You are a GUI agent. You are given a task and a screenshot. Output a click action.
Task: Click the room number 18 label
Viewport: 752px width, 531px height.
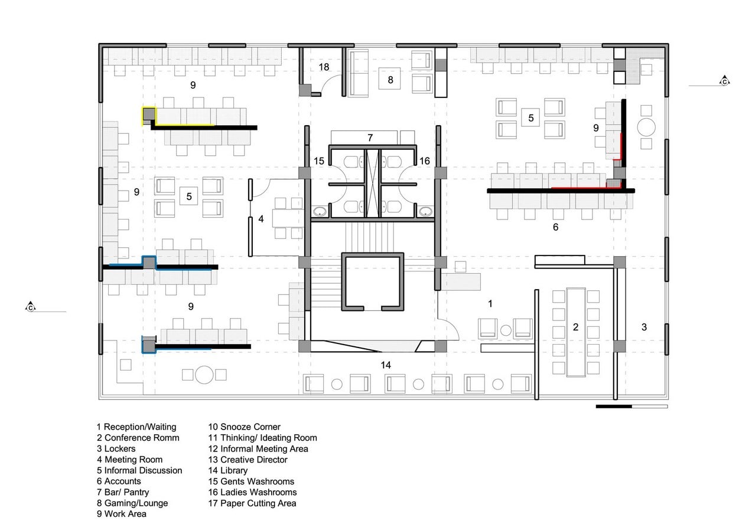pyautogui.click(x=324, y=67)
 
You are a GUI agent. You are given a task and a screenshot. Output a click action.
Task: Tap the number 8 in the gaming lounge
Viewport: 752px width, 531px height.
pyautogui.click(x=390, y=80)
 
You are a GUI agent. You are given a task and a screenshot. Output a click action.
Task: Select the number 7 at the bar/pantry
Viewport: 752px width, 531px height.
pyautogui.click(x=370, y=137)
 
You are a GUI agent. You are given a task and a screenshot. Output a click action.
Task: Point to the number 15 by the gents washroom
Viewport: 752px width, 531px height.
pyautogui.click(x=319, y=161)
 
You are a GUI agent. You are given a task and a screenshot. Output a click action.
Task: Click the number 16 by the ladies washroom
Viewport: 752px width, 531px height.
pyautogui.click(x=424, y=161)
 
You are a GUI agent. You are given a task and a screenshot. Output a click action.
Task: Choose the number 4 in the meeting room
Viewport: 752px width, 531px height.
pyautogui.click(x=261, y=219)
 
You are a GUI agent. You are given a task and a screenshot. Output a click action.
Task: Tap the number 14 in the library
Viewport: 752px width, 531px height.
pyautogui.click(x=386, y=365)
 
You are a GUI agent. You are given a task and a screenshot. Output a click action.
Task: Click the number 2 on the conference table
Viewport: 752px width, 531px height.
pyautogui.click(x=575, y=327)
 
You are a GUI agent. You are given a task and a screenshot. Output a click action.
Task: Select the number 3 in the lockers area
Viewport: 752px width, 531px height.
pyautogui.click(x=644, y=327)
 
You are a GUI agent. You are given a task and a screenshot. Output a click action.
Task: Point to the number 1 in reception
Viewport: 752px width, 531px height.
pyautogui.click(x=490, y=303)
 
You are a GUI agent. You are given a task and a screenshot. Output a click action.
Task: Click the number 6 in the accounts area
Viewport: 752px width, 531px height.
pyautogui.click(x=556, y=227)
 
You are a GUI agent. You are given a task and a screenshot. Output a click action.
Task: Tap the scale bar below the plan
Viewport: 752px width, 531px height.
pyautogui.click(x=632, y=407)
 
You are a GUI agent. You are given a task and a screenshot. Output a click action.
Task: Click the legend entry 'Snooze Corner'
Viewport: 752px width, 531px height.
pyautogui.click(x=244, y=427)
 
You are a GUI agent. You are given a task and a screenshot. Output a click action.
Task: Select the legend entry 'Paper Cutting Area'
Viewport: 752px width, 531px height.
pyautogui.click(x=252, y=503)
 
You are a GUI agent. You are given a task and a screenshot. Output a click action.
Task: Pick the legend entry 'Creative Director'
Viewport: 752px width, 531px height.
pyautogui.click(x=248, y=459)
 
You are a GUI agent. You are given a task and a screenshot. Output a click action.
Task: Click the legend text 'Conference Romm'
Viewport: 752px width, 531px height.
pyautogui.click(x=138, y=437)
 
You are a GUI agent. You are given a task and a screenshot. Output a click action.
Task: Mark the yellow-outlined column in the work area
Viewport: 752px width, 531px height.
pyautogui.click(x=149, y=116)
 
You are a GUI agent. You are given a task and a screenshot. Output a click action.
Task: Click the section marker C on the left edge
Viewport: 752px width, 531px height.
pyautogui.click(x=31, y=307)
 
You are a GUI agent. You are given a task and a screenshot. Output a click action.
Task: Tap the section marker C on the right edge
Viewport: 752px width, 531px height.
pyautogui.click(x=724, y=81)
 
